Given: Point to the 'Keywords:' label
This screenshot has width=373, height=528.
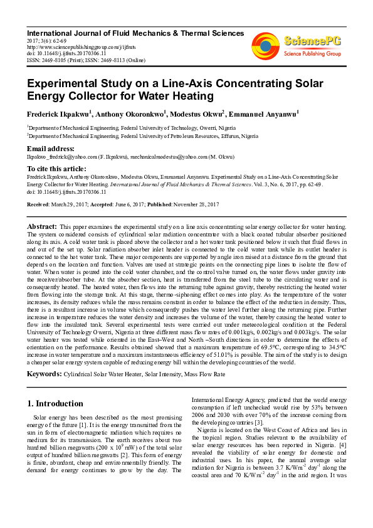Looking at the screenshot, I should pyautogui.click(x=44, y=374).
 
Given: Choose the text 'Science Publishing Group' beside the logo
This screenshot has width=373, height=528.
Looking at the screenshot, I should pyautogui.click(x=312, y=54).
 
